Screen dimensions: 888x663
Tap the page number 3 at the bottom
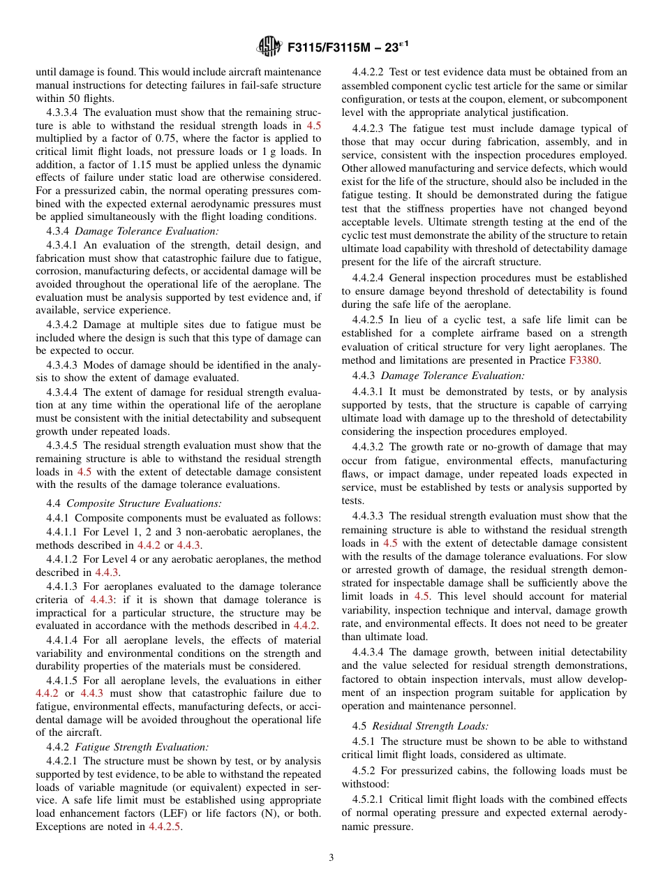point(331,858)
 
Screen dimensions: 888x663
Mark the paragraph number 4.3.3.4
point(63,112)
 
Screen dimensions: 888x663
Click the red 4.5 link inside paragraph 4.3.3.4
point(314,126)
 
